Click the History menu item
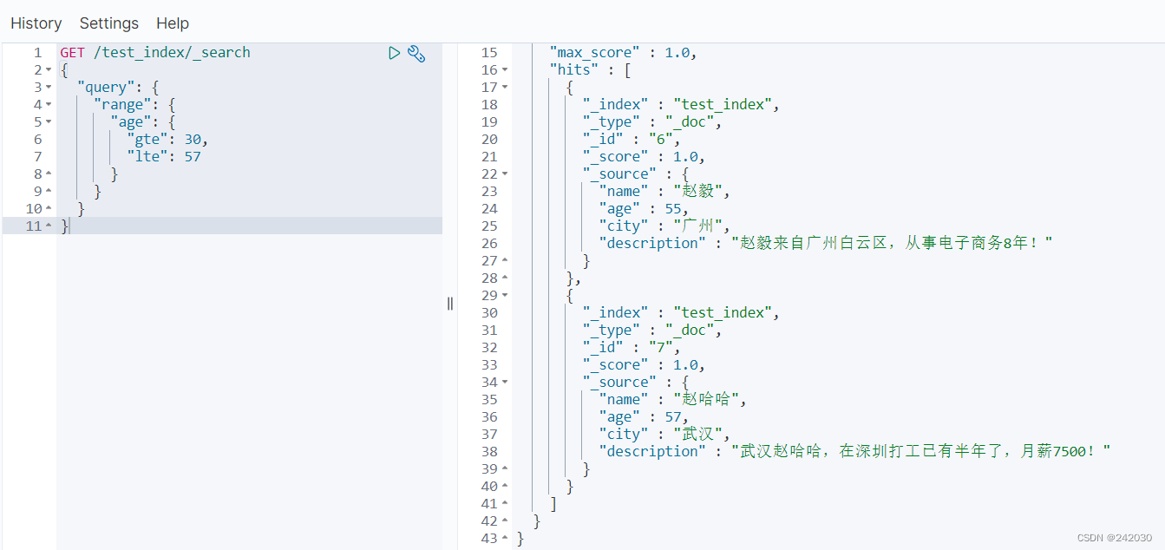coord(36,23)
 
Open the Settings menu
coord(109,23)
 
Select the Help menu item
coord(173,23)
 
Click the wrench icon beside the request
coord(416,54)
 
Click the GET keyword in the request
coord(72,53)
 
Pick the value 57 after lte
coord(193,157)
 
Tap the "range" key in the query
coord(122,105)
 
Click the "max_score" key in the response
coord(595,53)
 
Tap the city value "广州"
coord(698,226)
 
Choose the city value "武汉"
coord(698,435)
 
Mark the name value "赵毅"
coord(698,192)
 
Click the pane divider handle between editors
coord(450,303)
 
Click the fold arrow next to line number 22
coord(506,174)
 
